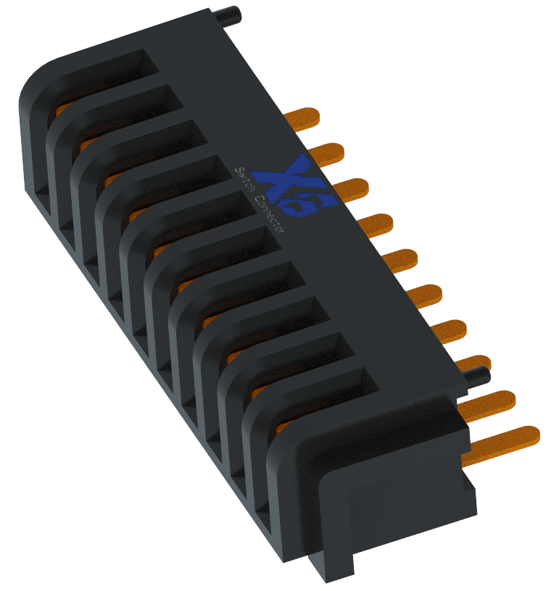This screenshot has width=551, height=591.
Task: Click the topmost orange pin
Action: pos(302,118)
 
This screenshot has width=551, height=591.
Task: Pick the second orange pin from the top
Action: pos(326,154)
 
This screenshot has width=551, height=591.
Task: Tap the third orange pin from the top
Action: pos(351,189)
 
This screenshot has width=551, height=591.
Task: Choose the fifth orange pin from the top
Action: pos(400,260)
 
